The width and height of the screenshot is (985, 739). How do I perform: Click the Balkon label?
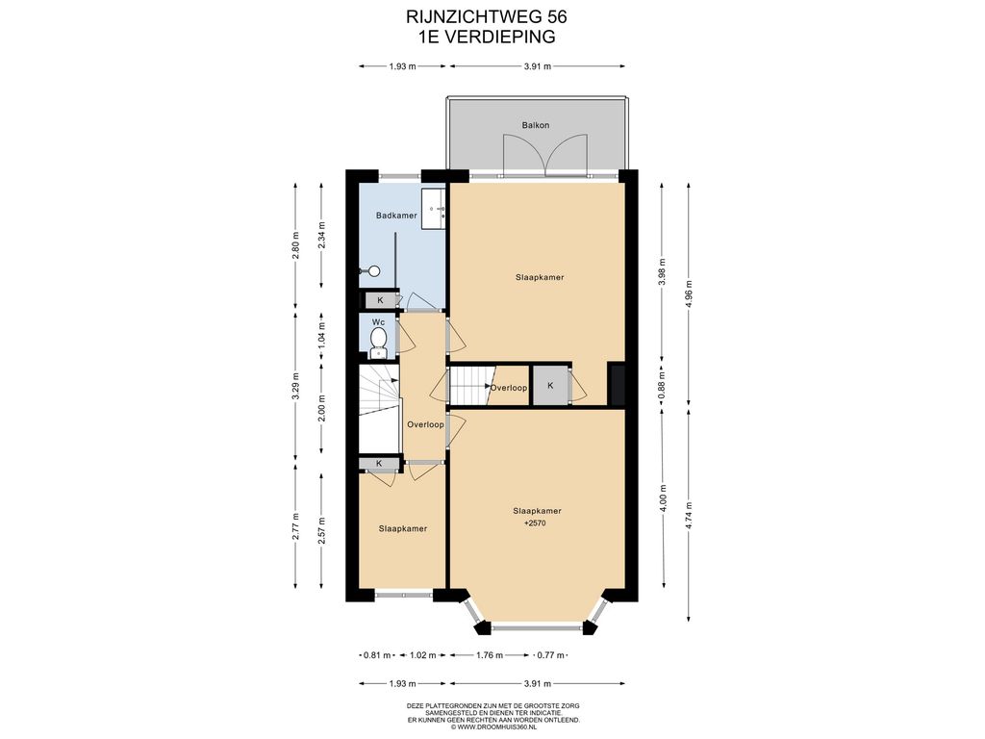pos(535,125)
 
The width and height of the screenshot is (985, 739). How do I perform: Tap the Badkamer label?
pos(396,216)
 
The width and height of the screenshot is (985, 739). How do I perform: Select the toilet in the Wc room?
pos(378,343)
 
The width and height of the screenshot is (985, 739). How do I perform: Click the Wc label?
pos(378,322)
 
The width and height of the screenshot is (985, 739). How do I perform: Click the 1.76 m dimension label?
pos(490,655)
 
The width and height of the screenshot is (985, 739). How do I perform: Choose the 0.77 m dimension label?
pos(551,655)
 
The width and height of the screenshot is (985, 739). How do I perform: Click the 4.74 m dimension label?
pos(689,516)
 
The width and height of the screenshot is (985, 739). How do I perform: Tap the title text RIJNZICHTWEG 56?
pos(487,16)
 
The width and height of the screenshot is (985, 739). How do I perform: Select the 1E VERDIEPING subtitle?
pos(487,37)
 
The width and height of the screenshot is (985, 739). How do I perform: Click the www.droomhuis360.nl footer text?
pos(493,727)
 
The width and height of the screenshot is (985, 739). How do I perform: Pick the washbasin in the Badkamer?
pos(433,209)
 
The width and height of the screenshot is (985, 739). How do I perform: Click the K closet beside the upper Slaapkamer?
pos(550,385)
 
